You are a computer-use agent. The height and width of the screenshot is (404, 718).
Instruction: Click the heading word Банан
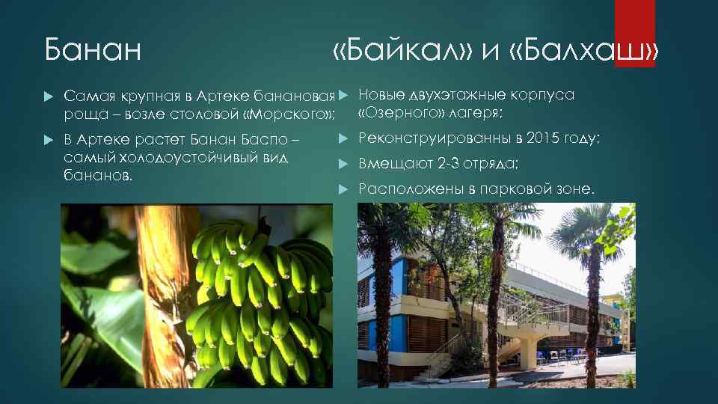pyautogui.click(x=93, y=51)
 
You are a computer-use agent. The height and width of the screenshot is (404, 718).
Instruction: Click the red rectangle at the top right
pyautogui.click(x=634, y=30)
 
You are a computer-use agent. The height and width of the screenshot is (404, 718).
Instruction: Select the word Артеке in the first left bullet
pyautogui.click(x=227, y=97)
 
